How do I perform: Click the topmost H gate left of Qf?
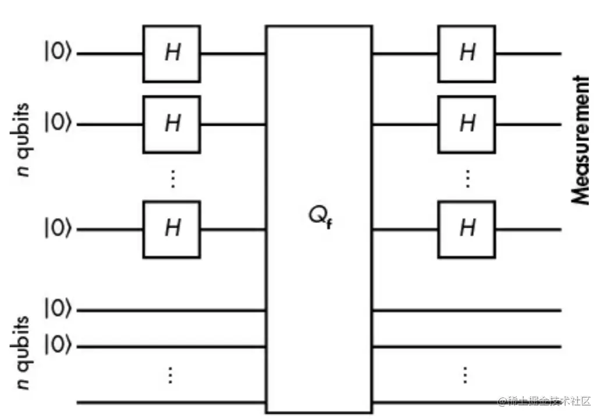[x=172, y=54]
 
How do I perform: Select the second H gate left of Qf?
[x=172, y=124]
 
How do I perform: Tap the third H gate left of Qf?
[x=172, y=229]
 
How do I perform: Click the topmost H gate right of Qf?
[x=467, y=54]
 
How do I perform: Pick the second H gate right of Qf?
[x=467, y=124]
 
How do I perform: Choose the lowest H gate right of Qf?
[x=467, y=229]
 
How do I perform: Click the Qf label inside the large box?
[x=320, y=218]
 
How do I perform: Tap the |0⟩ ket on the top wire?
[x=58, y=54]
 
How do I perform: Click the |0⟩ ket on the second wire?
[x=58, y=124]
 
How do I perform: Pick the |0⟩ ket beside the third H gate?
[x=58, y=229]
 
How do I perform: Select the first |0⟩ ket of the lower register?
[x=58, y=310]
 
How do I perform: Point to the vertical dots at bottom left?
[x=170, y=375]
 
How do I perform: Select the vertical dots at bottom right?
[x=464, y=375]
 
